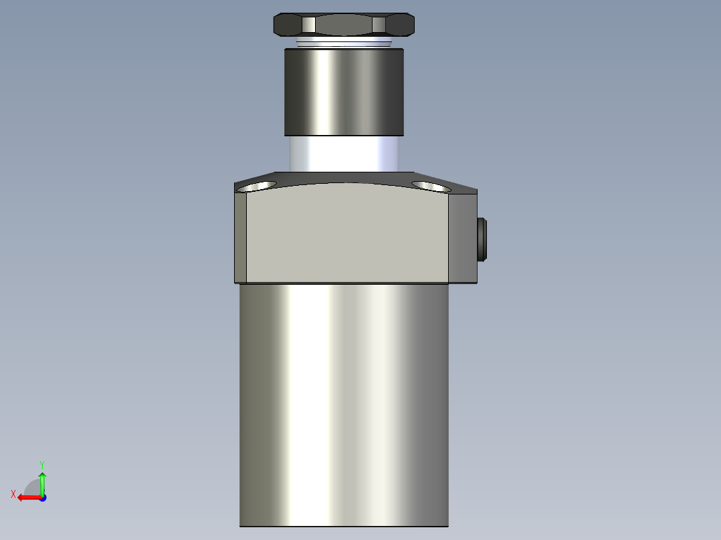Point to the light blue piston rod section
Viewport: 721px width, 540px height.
(344, 153)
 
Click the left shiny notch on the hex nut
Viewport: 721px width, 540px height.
(308, 25)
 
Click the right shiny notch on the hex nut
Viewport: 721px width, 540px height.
(379, 25)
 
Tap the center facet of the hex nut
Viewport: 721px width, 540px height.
(344, 25)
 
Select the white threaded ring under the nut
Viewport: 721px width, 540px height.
(344, 42)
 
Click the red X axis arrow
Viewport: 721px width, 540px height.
(27, 497)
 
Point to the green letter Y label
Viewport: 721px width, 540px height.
(41, 464)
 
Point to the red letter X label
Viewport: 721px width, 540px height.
(13, 494)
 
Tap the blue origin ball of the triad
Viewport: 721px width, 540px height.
(42, 497)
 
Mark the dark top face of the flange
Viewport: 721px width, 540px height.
(348, 177)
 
